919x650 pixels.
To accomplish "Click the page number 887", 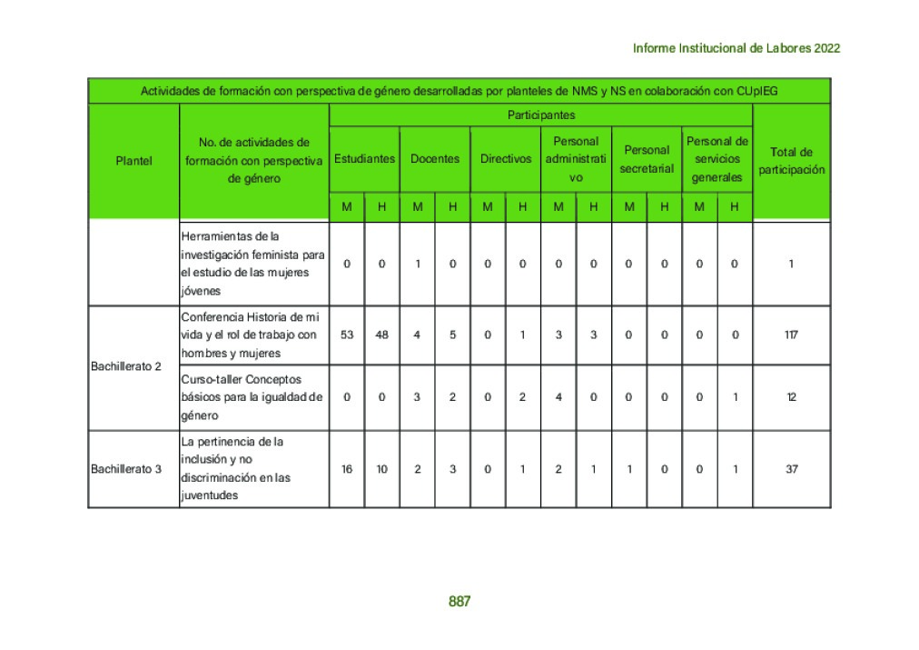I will click(x=459, y=602).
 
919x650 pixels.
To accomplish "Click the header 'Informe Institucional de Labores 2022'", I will click(x=736, y=48).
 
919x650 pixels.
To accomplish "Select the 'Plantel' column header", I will click(x=133, y=161).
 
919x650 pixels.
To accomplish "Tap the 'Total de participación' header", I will click(x=791, y=161).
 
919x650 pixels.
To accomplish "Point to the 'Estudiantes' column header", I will click(x=364, y=158).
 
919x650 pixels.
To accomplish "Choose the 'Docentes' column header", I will click(x=435, y=158).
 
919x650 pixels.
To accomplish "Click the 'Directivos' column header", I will click(x=506, y=158).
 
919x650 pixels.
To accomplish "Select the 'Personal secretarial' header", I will click(x=647, y=159).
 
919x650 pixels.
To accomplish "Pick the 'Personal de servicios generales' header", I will click(x=717, y=159).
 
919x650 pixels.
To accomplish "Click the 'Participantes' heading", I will click(x=540, y=115).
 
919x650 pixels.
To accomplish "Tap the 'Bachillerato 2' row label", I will click(x=126, y=366).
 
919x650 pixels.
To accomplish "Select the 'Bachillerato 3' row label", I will click(x=126, y=469).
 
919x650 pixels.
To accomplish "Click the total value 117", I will click(x=791, y=335).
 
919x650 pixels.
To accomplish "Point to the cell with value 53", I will click(x=347, y=335).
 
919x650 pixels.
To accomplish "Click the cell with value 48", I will click(x=381, y=335).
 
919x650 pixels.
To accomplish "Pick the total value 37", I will click(x=791, y=469).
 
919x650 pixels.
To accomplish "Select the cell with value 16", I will click(x=347, y=469).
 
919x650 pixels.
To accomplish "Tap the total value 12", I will click(x=791, y=397).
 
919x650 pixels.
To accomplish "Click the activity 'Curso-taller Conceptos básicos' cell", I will click(x=252, y=397).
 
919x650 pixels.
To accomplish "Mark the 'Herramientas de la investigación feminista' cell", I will click(x=252, y=264).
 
